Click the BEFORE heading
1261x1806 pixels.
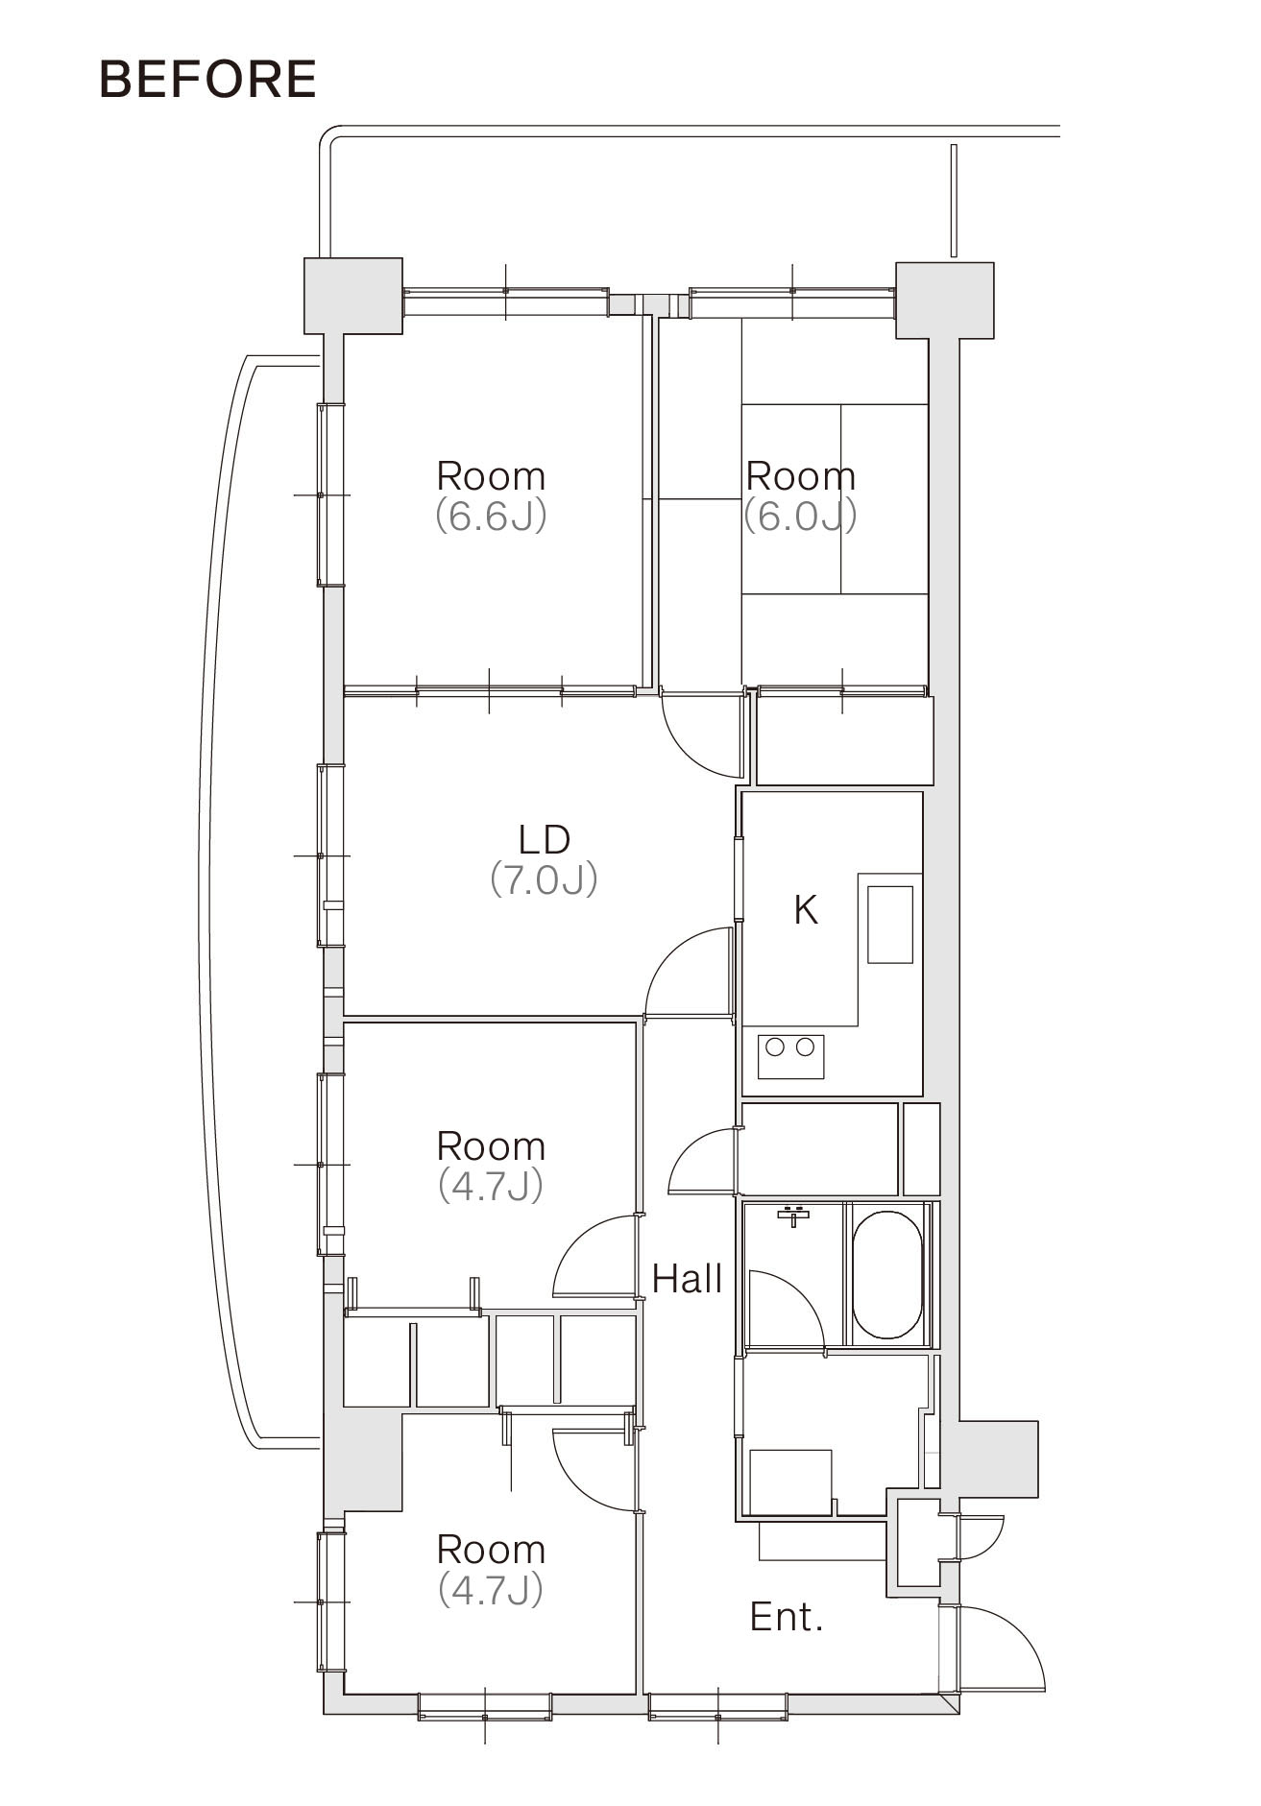[x=207, y=79]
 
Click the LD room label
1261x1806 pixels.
[x=544, y=839]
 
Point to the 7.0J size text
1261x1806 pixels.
[x=544, y=879]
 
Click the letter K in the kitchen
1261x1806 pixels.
[x=805, y=908]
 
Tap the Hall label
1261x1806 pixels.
[x=687, y=1278]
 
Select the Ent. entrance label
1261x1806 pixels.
[x=787, y=1617]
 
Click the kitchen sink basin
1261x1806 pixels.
[x=890, y=925]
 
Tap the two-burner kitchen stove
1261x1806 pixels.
[x=790, y=1055]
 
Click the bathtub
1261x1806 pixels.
[x=887, y=1275]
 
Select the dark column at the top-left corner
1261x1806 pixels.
[x=353, y=296]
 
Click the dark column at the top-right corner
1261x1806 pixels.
[x=944, y=300]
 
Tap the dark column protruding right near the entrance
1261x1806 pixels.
[x=999, y=1458]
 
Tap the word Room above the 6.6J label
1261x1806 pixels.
[x=491, y=476]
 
